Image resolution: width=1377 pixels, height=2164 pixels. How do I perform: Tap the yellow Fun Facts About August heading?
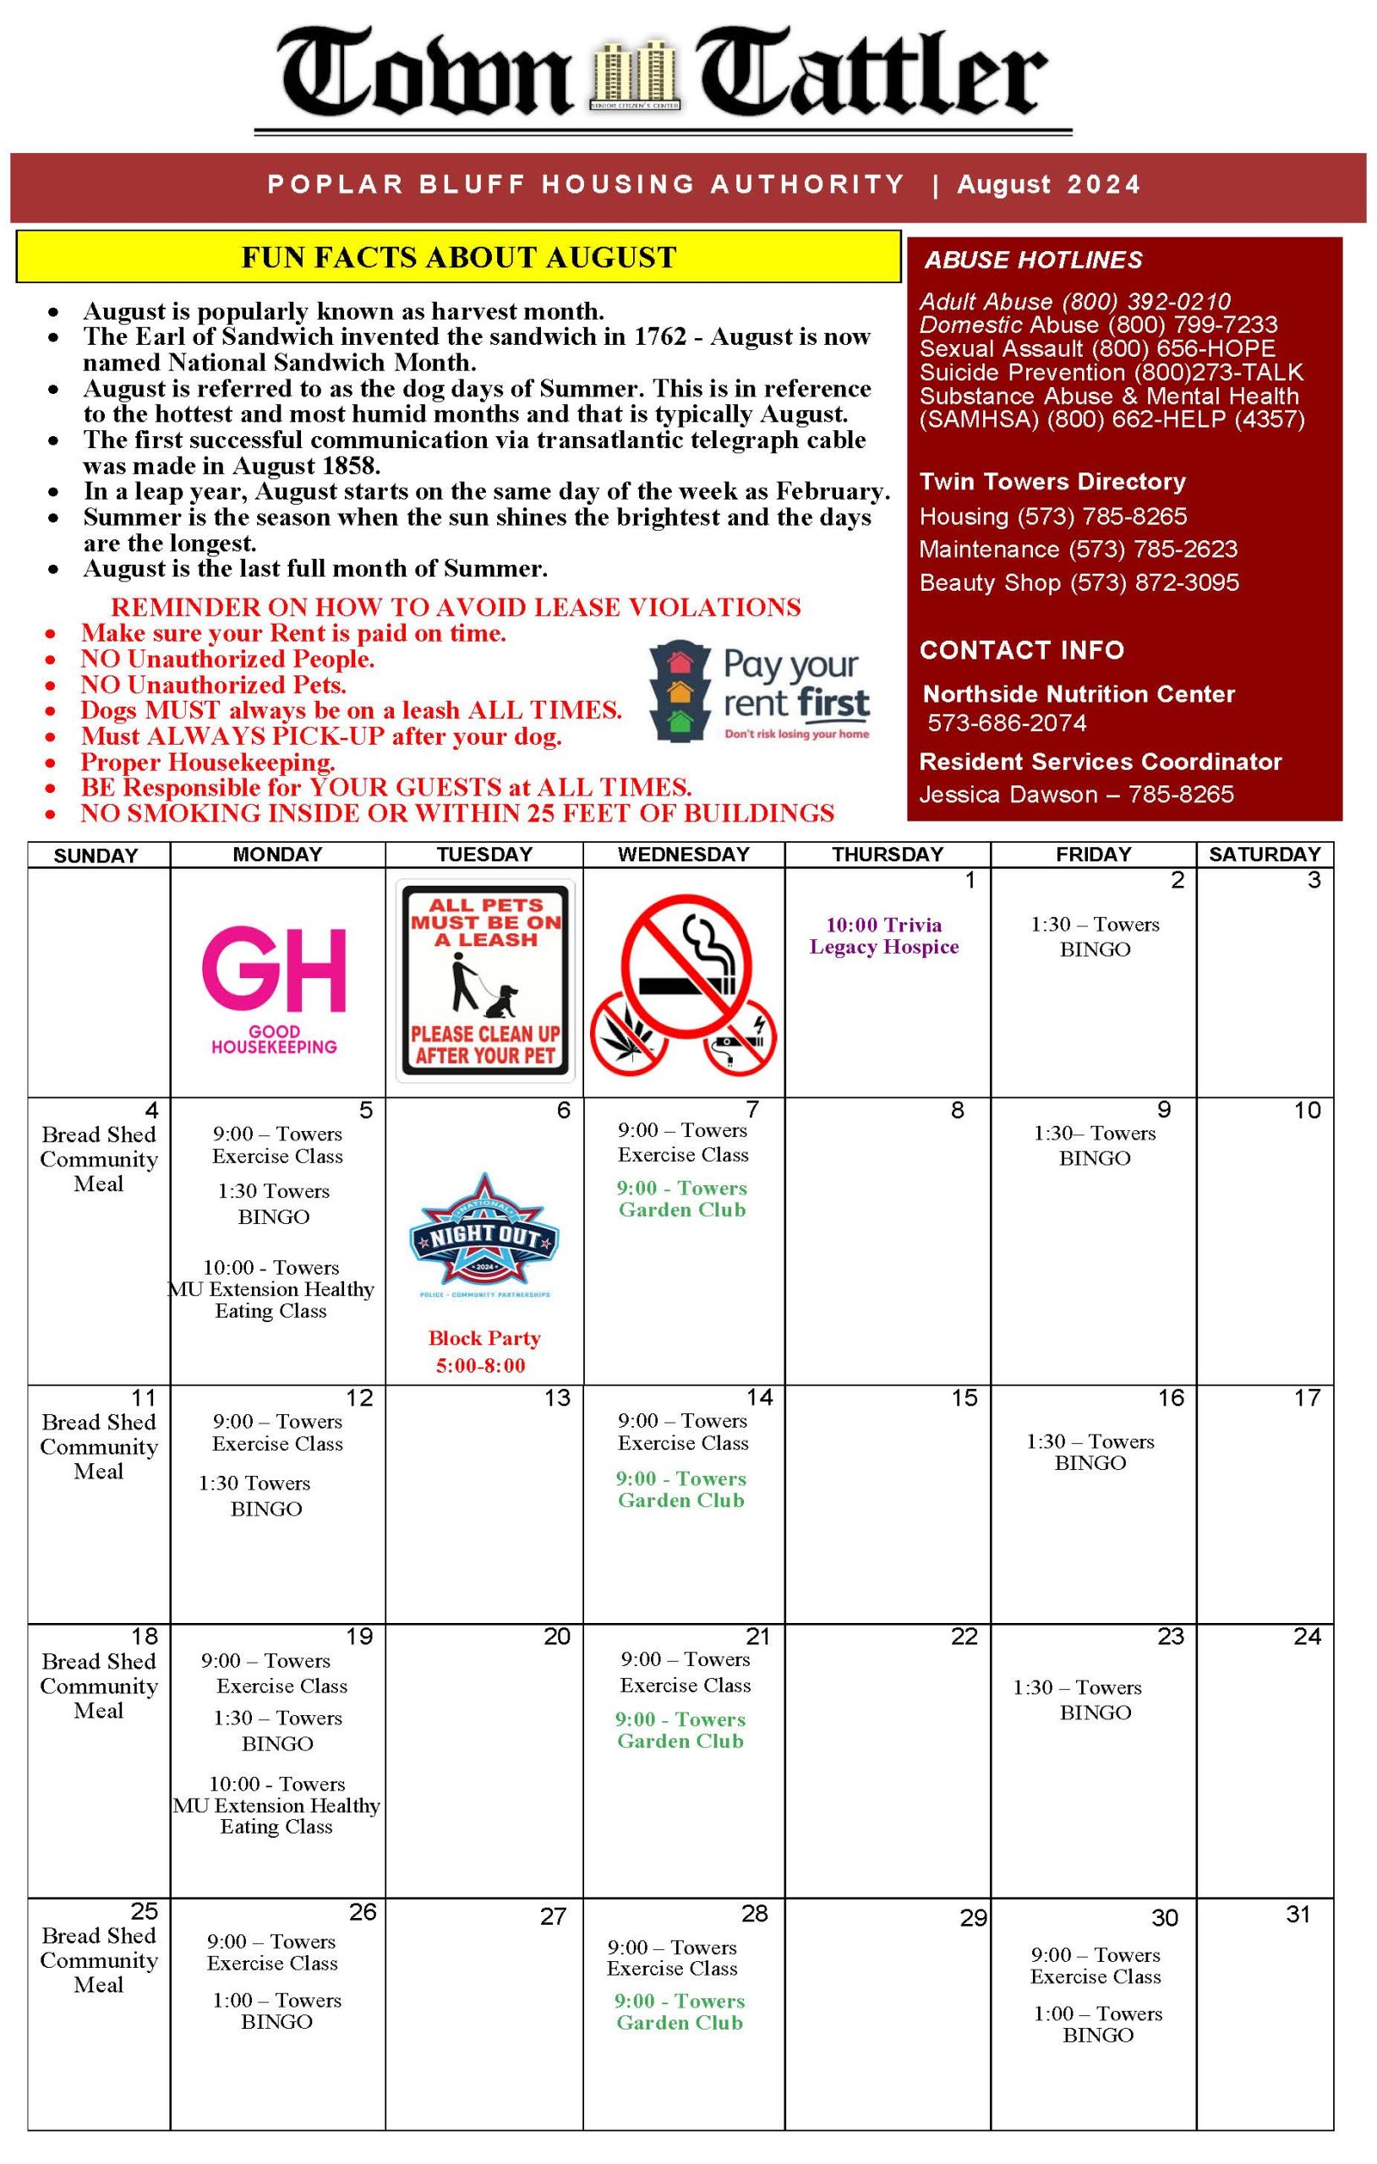[x=458, y=258]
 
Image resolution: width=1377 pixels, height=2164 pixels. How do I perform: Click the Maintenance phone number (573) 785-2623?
[x=1153, y=549]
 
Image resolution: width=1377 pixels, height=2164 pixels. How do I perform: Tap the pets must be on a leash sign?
[x=485, y=981]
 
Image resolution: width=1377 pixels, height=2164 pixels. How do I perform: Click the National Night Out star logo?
[x=484, y=1236]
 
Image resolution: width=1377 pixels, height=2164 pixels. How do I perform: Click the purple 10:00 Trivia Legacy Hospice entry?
[x=884, y=936]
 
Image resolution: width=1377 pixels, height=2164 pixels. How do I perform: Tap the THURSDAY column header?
[x=887, y=855]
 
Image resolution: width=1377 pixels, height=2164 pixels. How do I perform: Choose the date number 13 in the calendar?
[x=557, y=1398]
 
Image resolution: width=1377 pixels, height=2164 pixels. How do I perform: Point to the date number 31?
[x=1298, y=1915]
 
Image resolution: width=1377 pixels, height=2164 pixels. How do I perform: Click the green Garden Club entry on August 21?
[x=680, y=1730]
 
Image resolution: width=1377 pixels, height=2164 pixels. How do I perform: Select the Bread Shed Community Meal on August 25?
[x=99, y=1960]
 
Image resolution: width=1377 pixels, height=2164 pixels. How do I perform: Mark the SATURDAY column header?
[x=1264, y=855]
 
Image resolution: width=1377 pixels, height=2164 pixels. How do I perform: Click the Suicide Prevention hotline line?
[x=1111, y=373]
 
